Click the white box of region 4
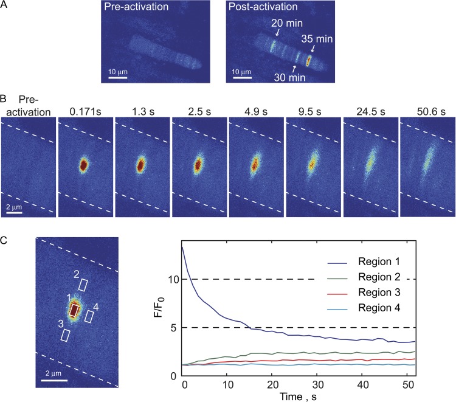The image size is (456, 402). click(x=89, y=316)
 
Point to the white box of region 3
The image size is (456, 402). click(x=66, y=334)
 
